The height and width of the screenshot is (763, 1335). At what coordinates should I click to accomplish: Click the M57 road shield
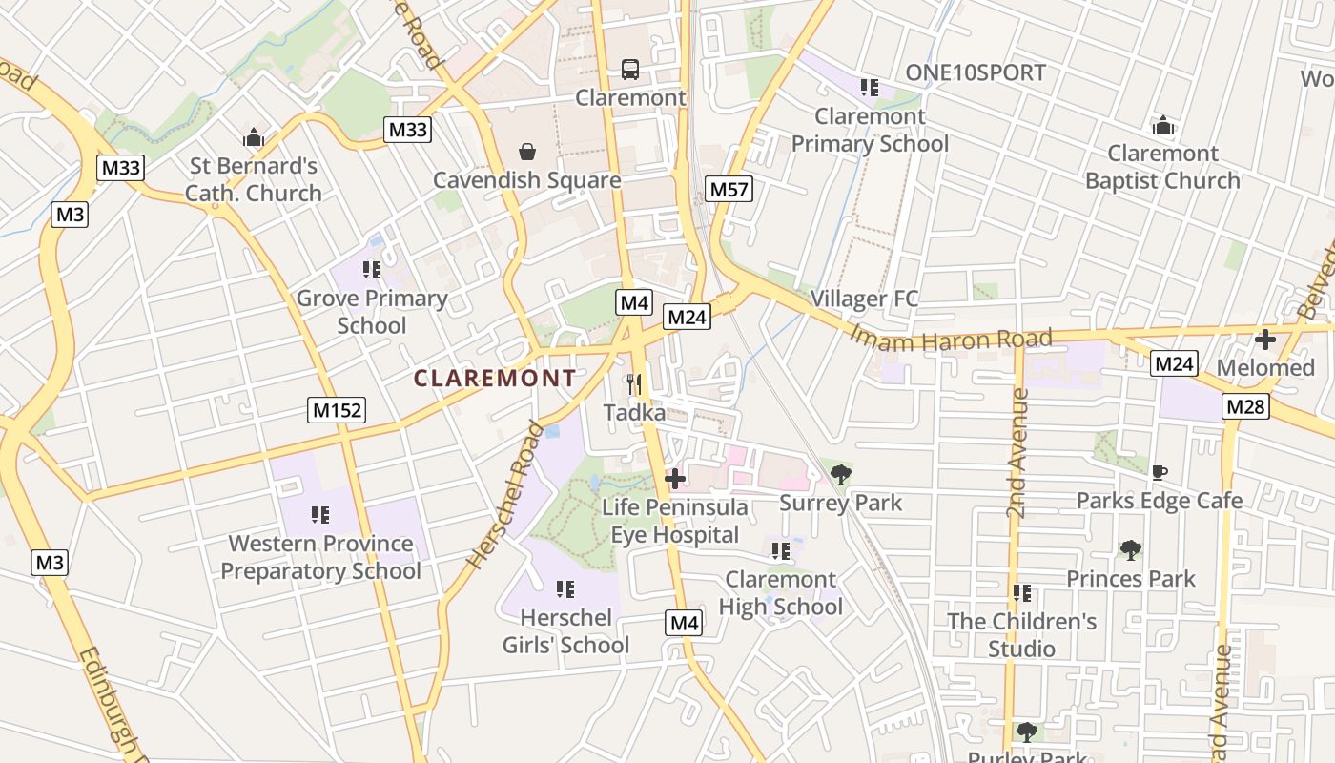tap(729, 189)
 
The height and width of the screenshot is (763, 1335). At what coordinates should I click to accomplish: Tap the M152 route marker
tap(338, 410)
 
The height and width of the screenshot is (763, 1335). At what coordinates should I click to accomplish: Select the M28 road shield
tap(1246, 406)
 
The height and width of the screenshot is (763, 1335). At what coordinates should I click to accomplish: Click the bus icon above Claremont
tap(630, 69)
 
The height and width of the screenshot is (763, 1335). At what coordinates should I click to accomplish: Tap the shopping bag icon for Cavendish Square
tap(526, 151)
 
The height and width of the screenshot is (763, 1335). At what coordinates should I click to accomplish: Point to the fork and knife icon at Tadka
tap(634, 384)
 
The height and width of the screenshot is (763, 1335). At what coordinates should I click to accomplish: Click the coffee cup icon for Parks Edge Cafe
tap(1160, 472)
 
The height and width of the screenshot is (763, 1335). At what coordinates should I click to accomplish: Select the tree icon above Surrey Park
tap(840, 474)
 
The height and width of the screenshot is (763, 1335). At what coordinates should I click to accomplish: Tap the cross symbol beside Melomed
tap(1265, 339)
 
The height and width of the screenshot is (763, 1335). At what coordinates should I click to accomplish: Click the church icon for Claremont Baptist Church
tap(1162, 125)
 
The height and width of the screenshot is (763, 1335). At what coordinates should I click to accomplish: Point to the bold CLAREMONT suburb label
tap(495, 379)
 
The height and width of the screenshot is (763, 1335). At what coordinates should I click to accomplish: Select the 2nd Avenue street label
tap(1017, 453)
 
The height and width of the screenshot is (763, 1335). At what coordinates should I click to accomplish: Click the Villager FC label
tap(864, 299)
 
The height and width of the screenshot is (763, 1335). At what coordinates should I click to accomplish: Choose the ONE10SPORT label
tap(975, 72)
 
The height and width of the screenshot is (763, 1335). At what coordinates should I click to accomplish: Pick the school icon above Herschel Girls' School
tap(565, 589)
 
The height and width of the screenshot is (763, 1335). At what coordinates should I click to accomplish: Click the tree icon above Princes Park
tap(1130, 549)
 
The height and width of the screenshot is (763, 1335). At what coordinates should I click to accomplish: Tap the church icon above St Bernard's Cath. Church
tap(253, 137)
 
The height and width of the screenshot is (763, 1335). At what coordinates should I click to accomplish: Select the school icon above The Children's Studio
tap(1022, 593)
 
